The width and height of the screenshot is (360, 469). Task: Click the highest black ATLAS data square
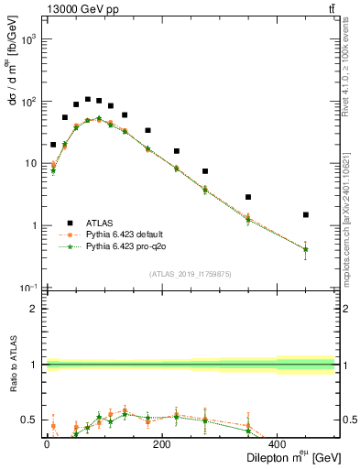click(x=88, y=99)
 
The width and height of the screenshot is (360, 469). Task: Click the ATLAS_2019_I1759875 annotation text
click(x=190, y=273)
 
